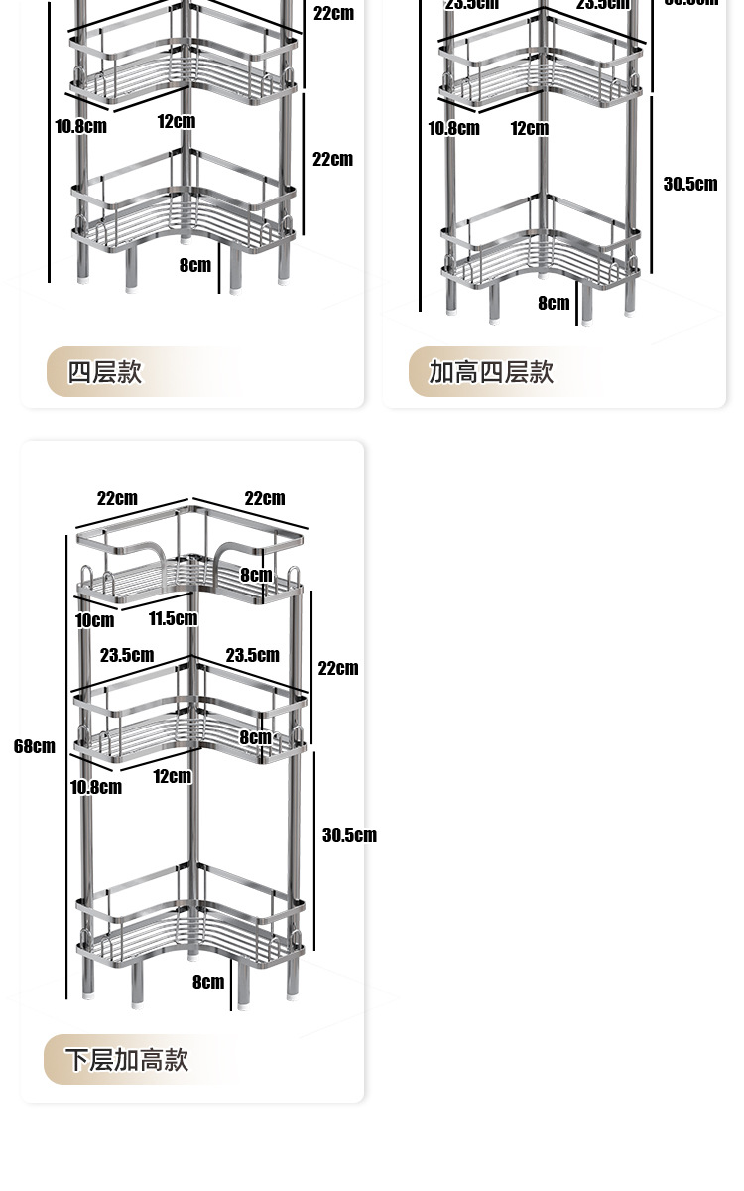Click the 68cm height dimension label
click(35, 746)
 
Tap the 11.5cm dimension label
click(173, 618)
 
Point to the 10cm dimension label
click(94, 620)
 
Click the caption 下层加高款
click(127, 1059)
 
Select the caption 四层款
click(104, 372)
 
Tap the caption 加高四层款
click(491, 372)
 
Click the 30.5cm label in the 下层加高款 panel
click(349, 835)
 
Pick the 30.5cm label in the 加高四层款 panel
click(690, 184)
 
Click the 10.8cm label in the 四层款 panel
click(80, 126)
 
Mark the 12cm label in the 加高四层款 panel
click(530, 128)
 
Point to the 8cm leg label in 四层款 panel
click(195, 265)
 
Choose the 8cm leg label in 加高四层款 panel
click(554, 303)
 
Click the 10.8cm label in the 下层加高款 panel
click(95, 787)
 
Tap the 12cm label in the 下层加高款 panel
click(172, 776)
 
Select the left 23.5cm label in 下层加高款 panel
click(127, 655)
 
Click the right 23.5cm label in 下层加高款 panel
click(252, 655)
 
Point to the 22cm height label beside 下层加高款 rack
click(338, 668)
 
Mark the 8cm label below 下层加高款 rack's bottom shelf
click(208, 982)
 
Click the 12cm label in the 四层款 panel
click(176, 121)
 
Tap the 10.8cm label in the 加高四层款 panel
click(453, 128)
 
